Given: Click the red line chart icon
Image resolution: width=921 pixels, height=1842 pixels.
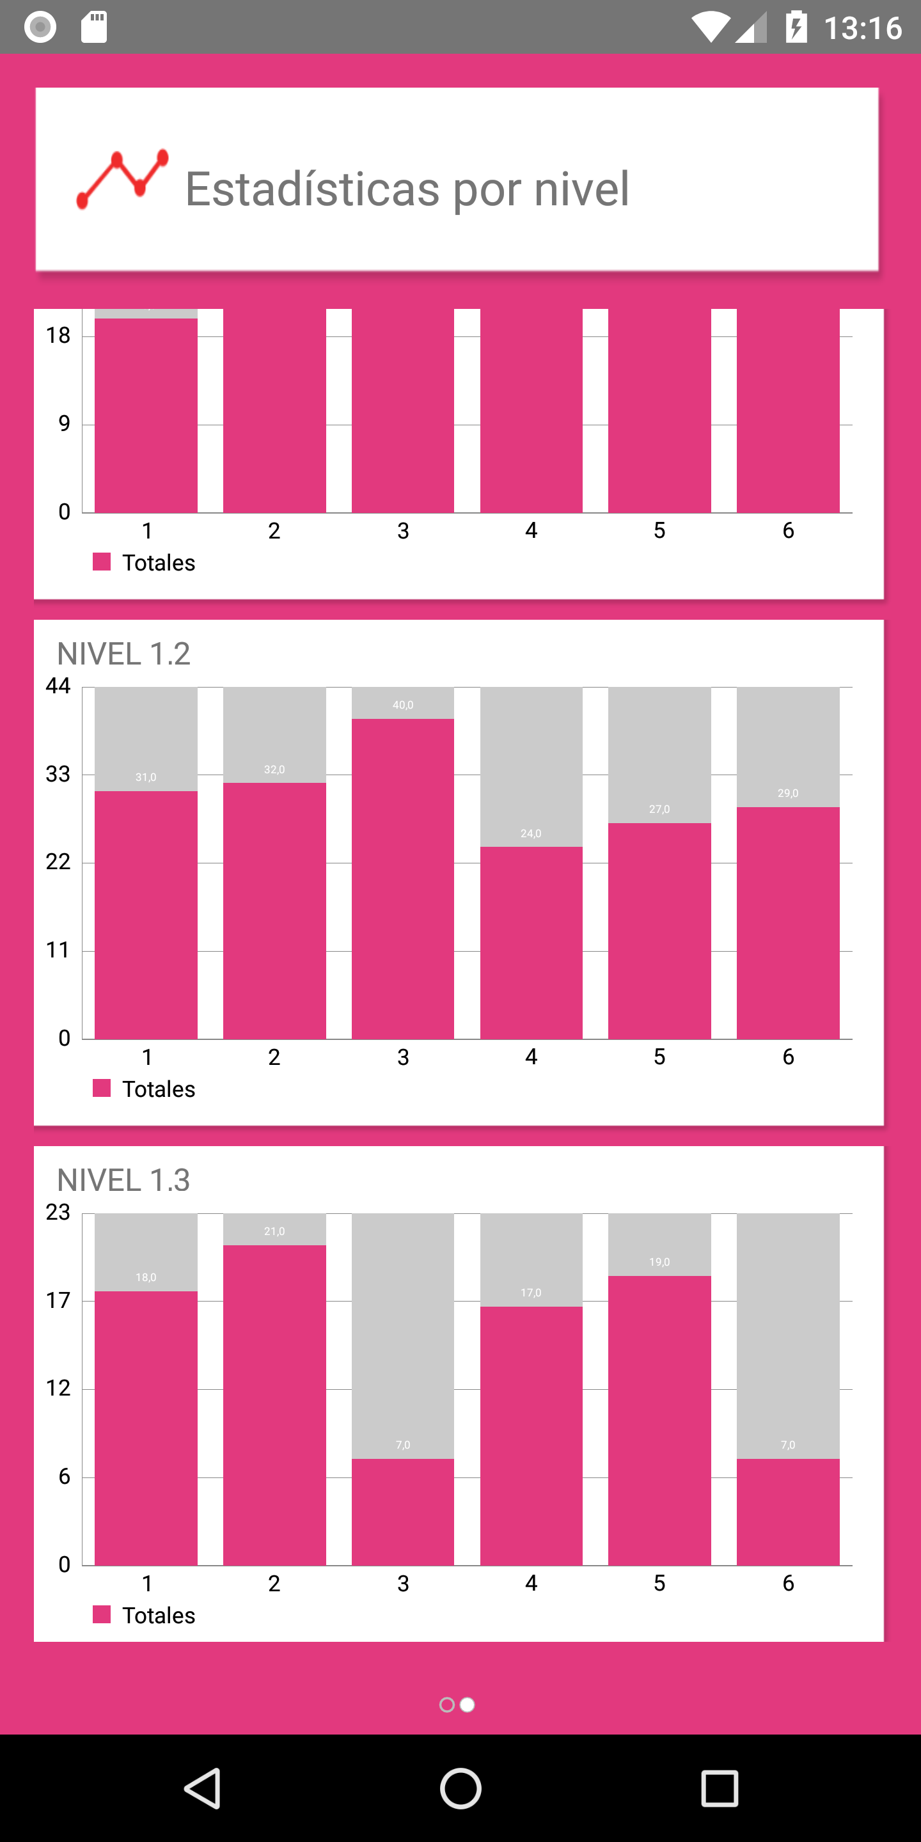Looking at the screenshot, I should coord(122,180).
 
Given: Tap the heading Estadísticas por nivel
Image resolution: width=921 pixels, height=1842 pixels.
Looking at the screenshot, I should coord(407,189).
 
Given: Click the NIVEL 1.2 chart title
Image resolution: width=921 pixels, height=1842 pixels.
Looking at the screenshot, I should coord(123,654).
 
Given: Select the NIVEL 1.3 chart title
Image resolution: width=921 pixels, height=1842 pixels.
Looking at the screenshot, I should coord(123,1180).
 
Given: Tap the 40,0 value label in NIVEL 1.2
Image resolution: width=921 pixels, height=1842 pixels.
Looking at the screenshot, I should coord(402,705).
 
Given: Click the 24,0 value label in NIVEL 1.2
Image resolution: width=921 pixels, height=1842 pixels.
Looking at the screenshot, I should coord(531,833).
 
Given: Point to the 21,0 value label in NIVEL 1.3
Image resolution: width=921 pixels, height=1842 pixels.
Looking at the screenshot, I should coord(274,1231).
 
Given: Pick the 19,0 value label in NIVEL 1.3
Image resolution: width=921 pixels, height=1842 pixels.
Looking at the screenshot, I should coord(659,1262).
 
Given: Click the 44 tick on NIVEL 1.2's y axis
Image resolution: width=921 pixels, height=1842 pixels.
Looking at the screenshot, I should coord(58,686).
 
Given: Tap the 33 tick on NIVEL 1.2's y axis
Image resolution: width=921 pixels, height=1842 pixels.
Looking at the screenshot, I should coord(58,774).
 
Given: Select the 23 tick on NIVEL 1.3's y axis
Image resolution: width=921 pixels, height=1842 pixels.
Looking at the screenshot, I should coord(58,1212).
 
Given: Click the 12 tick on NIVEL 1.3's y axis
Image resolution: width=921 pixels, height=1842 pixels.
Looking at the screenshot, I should coord(58,1388).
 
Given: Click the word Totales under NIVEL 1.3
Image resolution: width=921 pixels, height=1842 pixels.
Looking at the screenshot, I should coord(159,1616).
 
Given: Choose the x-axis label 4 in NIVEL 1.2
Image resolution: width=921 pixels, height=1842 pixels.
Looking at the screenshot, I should coord(531,1056).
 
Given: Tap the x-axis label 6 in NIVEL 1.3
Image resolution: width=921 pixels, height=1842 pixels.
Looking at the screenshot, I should coord(788,1582).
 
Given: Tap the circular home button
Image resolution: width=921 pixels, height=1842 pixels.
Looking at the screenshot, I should coord(460,1788).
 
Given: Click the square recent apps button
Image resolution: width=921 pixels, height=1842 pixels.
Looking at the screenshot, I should coord(720,1788).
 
